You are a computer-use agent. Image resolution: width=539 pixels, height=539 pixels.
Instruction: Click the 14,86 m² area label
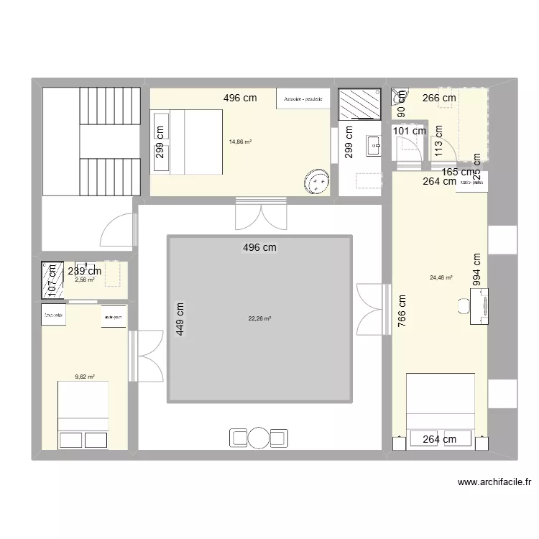[x=240, y=142]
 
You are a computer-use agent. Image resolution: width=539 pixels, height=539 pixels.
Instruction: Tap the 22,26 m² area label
[x=259, y=318]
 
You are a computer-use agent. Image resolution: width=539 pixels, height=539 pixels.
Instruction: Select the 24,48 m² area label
[x=441, y=277]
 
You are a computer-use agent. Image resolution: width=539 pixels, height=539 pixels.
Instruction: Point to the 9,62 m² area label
[x=85, y=375]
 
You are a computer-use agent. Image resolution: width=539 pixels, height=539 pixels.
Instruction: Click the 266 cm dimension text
[x=438, y=98]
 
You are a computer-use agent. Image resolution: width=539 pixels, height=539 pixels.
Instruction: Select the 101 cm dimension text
[x=409, y=131]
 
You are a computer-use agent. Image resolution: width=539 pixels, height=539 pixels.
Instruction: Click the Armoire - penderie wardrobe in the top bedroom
[x=303, y=98]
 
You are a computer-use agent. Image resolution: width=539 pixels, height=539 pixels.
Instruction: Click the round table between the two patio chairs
[x=259, y=437]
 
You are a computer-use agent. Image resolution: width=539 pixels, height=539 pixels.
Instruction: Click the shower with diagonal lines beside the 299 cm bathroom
[x=358, y=103]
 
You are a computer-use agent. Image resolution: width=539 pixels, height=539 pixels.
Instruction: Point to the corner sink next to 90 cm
[x=399, y=93]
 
